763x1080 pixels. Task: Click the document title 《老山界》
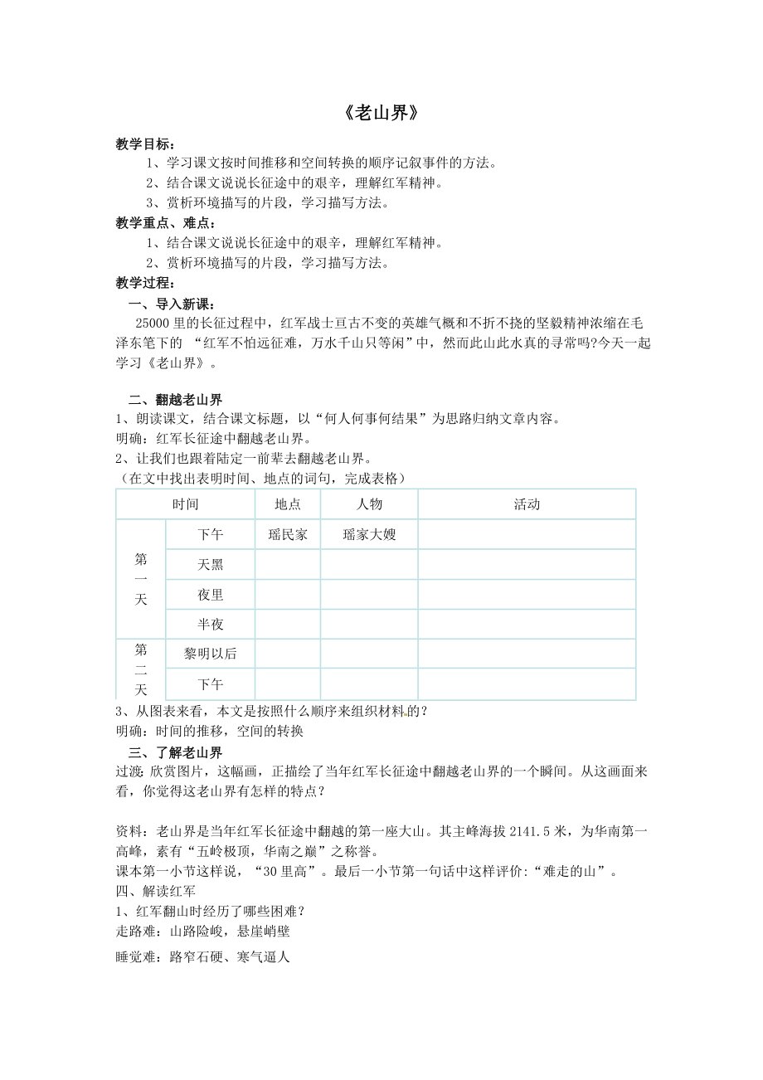tap(381, 114)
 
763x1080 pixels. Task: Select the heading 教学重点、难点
tap(155, 222)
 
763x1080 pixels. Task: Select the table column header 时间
tap(185, 504)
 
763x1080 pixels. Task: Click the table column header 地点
tap(287, 504)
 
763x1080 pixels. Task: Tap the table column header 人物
tap(369, 504)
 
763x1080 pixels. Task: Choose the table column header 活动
tap(527, 504)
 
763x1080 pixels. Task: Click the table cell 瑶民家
tap(287, 535)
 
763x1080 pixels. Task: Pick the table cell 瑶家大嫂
tap(369, 535)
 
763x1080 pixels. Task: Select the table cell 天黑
tap(211, 565)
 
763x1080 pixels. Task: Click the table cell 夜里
tap(211, 595)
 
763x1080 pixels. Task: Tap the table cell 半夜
tap(211, 625)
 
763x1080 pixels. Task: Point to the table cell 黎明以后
tap(211, 654)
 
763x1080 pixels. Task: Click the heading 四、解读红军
tap(156, 890)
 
